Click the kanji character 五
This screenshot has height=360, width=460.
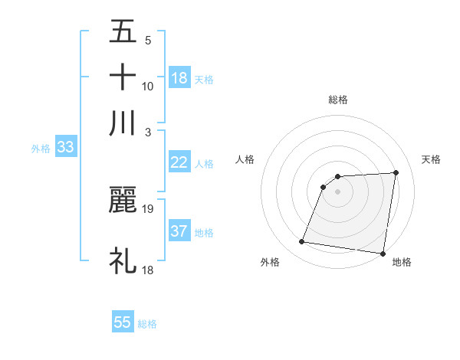tap(123, 32)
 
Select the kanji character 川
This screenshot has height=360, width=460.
tap(123, 123)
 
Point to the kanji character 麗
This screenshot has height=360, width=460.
tap(123, 200)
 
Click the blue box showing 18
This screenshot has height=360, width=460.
tap(179, 77)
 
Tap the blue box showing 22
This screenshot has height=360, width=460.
tap(179, 162)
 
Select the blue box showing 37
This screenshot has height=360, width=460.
tap(179, 231)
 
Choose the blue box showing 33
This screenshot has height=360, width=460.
tap(64, 147)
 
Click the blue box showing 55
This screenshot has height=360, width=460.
tap(123, 322)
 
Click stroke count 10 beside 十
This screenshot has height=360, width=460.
tap(148, 86)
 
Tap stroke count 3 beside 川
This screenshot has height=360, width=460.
tap(148, 132)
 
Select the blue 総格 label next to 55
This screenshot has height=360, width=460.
tap(147, 324)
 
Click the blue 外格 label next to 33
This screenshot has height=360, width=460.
tap(40, 149)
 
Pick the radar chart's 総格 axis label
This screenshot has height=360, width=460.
tap(338, 100)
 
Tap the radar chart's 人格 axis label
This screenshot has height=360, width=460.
tap(245, 159)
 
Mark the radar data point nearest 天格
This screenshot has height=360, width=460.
tap(396, 172)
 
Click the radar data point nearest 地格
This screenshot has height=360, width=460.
tap(383, 253)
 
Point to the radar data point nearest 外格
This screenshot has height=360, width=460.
tap(302, 242)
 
